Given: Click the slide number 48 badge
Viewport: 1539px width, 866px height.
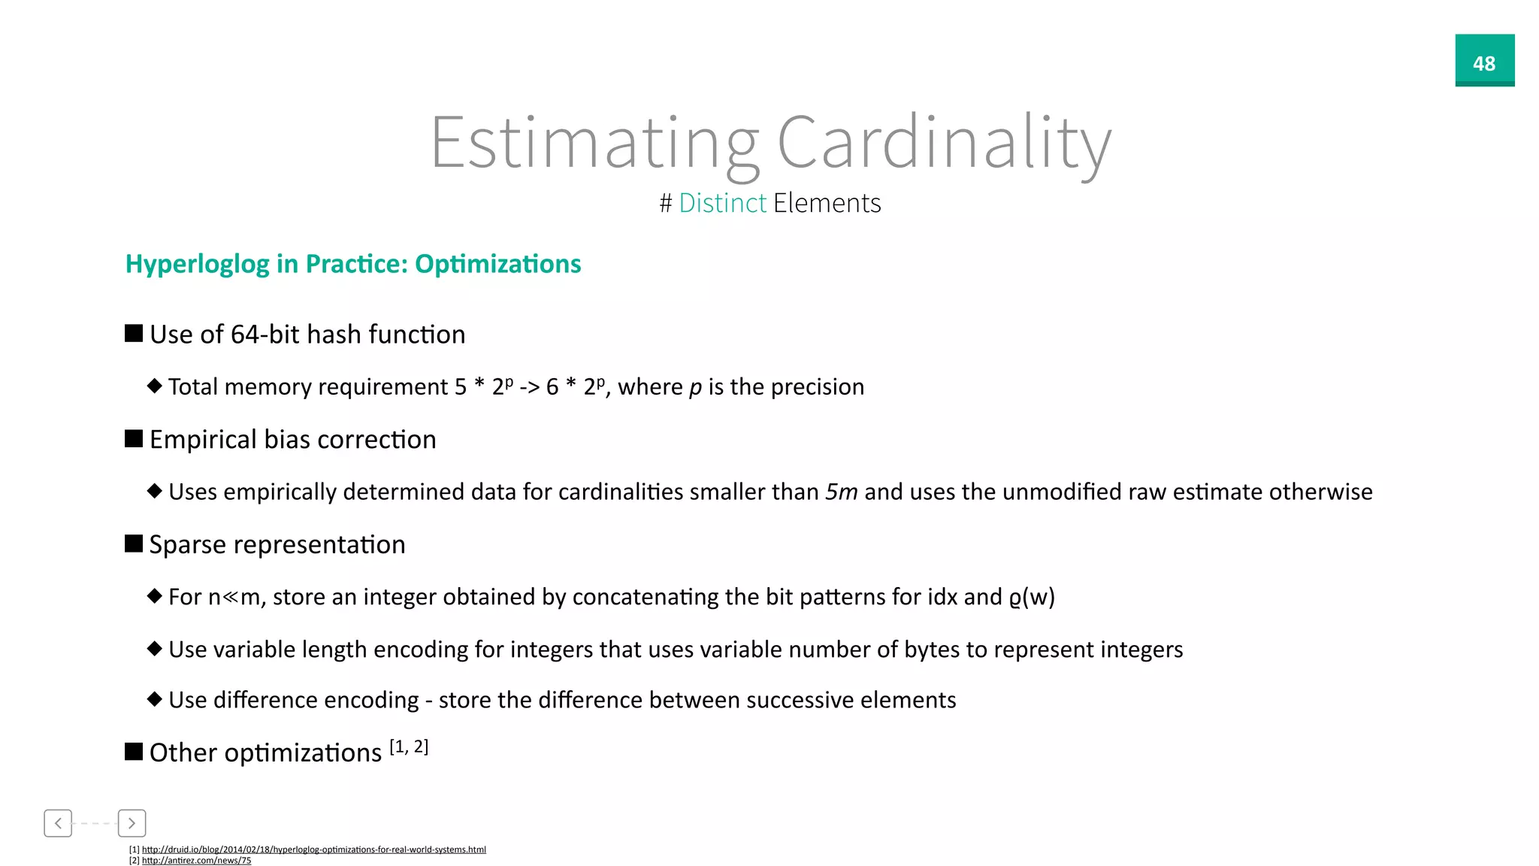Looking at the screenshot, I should pyautogui.click(x=1484, y=61).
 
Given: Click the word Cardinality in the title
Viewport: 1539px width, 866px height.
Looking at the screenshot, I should pyautogui.click(x=943, y=143).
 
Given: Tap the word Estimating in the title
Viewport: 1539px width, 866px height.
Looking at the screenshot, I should pyautogui.click(x=594, y=143).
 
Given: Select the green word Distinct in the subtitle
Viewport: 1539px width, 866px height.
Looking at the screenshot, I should pyautogui.click(x=722, y=203).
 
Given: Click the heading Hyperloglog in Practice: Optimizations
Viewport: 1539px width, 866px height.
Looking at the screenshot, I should pyautogui.click(x=353, y=264).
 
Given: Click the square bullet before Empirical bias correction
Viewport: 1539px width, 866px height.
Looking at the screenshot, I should pyautogui.click(x=134, y=439).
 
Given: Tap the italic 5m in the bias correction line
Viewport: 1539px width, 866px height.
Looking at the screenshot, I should pyautogui.click(x=841, y=492).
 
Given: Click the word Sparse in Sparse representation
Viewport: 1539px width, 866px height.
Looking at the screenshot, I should pyautogui.click(x=187, y=545).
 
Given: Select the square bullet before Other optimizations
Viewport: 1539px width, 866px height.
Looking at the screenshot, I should pyautogui.click(x=134, y=752).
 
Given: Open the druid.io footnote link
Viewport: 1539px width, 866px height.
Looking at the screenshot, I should pyautogui.click(x=313, y=849).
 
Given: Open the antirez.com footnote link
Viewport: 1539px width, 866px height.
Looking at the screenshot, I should pyautogui.click(x=196, y=861).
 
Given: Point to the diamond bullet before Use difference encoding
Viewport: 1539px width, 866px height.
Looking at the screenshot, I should pyautogui.click(x=155, y=699).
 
